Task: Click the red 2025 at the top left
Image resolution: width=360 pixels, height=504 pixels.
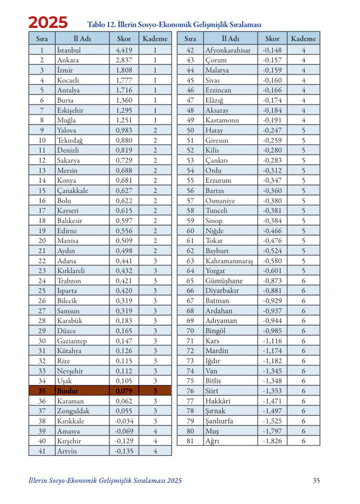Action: pos(48,23)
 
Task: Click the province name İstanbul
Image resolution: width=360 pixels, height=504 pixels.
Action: pos(69,50)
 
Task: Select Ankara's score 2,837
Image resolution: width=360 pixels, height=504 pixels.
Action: pos(123,60)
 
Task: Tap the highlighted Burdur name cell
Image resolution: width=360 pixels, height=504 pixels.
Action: pos(68,391)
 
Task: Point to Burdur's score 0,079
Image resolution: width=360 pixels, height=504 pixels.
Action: pos(124,391)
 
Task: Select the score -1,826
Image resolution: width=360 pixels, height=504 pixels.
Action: pos(272,441)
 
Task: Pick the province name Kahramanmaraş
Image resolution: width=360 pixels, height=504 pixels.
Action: pos(229,260)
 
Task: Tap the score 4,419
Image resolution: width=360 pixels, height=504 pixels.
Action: pos(123,50)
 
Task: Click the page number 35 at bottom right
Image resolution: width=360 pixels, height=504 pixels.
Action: pos(316,480)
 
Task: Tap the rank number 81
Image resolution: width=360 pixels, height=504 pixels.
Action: pos(190,441)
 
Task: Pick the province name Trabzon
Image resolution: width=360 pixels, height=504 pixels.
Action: pos(70,280)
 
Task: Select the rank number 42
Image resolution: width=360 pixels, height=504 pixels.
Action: pos(190,50)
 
